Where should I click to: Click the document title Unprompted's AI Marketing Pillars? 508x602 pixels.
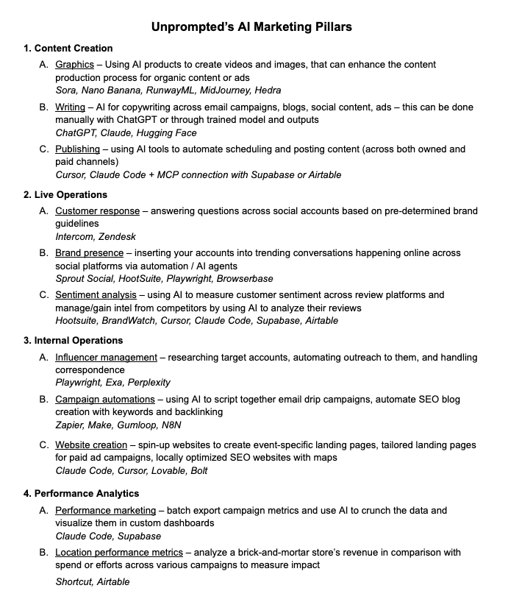251,27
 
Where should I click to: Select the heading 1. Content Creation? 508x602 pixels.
68,49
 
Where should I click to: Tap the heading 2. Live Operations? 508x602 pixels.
65,195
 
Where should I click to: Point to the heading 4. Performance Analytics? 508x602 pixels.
81,493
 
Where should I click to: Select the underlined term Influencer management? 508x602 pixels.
107,358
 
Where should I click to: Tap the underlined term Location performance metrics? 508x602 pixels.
119,552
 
